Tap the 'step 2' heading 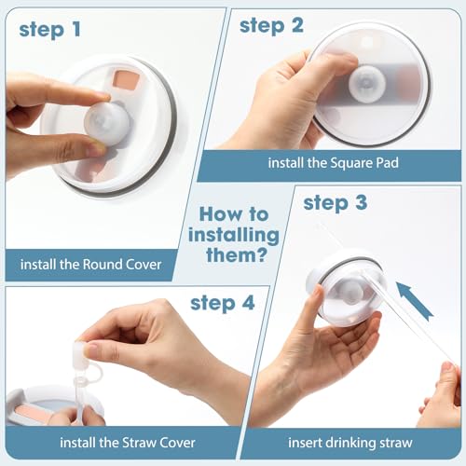[271, 25]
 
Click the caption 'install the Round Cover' [91, 265]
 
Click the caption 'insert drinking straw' [343, 442]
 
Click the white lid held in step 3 [345, 289]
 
